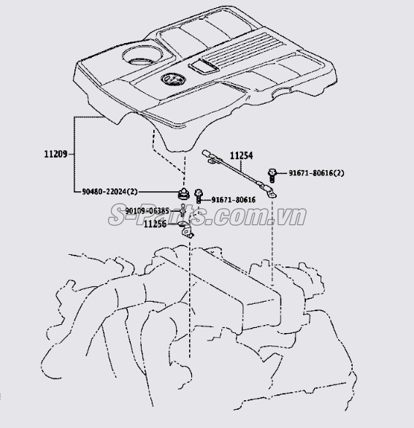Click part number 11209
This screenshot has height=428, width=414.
pos(55,154)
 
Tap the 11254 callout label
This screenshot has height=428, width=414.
pos(241,156)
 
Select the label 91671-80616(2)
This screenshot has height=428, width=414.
pos(317,173)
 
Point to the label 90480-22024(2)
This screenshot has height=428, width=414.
pos(110,192)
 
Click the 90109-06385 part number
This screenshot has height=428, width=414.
pos(147,211)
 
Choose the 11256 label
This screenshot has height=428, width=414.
pos(155,223)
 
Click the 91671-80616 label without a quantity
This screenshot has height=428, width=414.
pos(234,200)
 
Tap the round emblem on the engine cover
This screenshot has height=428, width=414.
pos(173,80)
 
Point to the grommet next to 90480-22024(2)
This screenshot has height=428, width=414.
pos(183,194)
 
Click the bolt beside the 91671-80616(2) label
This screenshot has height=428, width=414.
pos(272,175)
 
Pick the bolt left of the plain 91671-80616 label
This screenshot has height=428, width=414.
pos(199,196)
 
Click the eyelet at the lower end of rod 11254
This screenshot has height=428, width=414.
pos(272,193)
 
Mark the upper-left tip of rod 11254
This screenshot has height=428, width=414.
pos(204,151)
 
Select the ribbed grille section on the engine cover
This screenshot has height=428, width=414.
pos(242,48)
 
